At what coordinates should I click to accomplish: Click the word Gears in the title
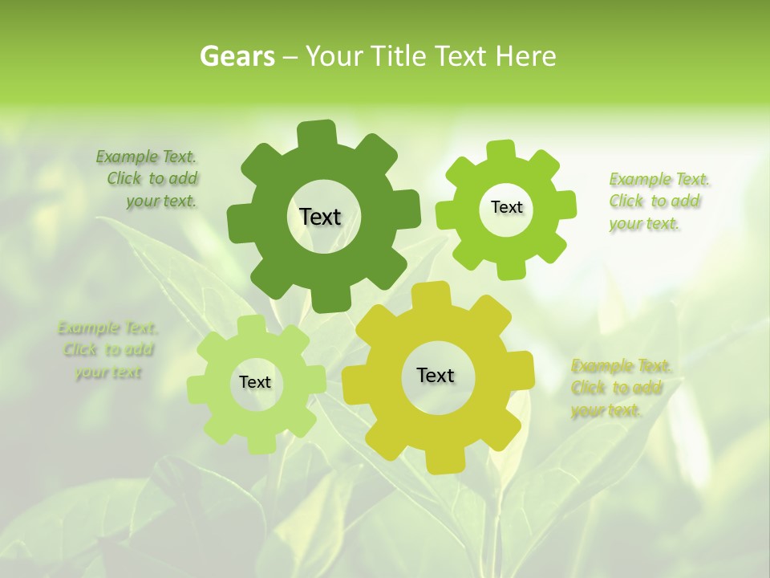tap(237, 56)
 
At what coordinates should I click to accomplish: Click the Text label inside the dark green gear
tap(320, 217)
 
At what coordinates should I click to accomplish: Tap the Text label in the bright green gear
tap(506, 207)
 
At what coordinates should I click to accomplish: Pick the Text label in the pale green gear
tap(255, 383)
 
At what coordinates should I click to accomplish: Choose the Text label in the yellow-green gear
tap(436, 375)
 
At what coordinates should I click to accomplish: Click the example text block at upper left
tap(148, 179)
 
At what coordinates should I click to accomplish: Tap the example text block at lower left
tap(107, 350)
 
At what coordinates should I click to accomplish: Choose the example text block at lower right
tap(621, 389)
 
